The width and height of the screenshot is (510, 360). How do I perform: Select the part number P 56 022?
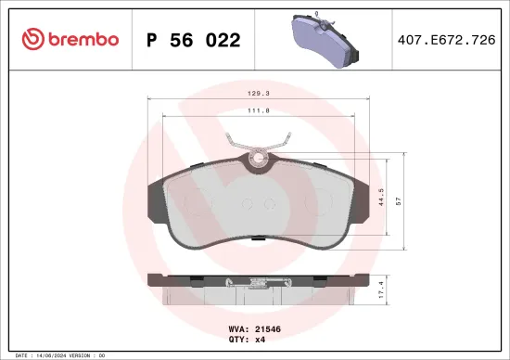point(194,40)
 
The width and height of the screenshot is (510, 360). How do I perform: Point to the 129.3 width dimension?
point(261,94)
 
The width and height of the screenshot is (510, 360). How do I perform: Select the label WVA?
point(237,328)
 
